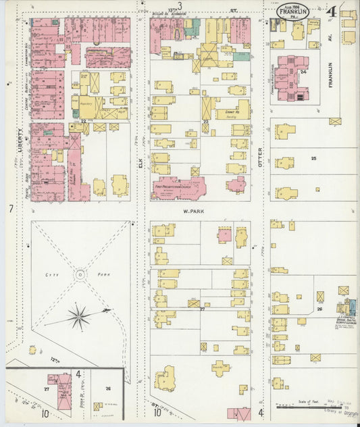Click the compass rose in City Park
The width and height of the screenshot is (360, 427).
(x=80, y=315)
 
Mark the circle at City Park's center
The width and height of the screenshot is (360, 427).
(x=80, y=274)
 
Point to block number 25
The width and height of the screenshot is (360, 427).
(x=313, y=158)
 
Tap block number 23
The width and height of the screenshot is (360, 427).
(x=205, y=122)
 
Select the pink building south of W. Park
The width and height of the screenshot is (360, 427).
(x=224, y=235)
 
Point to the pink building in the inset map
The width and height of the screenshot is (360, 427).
(x=63, y=391)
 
